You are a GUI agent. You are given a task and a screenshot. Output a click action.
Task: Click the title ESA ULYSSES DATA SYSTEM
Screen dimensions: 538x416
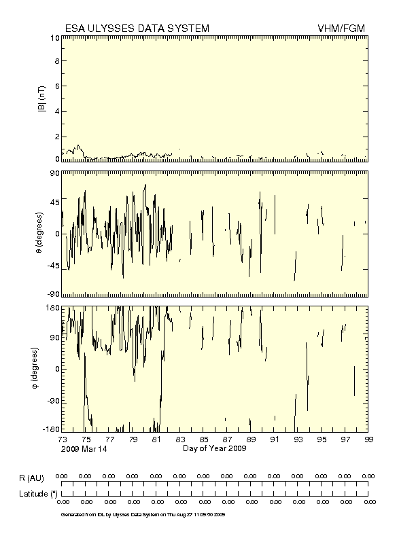pos(137,28)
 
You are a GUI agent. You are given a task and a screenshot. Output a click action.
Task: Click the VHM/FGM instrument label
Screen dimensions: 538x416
pos(341,28)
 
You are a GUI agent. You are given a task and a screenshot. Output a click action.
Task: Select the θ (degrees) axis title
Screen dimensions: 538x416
pos(41,233)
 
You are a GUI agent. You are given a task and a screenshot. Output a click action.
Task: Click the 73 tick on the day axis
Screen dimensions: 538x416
pos(62,440)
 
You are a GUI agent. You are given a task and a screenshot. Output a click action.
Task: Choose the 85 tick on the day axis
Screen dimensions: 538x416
pos(203,440)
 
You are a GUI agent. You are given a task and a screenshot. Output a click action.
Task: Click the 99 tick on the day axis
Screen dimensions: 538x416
pos(368,440)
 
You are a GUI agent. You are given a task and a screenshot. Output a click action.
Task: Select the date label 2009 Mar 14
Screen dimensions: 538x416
pos(84,449)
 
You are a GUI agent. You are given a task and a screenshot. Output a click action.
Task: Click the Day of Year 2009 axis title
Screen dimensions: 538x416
pos(215,448)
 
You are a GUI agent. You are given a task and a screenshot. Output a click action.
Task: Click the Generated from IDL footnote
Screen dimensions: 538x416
pos(143,514)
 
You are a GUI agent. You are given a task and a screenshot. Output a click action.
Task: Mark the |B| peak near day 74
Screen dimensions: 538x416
pos(78,145)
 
